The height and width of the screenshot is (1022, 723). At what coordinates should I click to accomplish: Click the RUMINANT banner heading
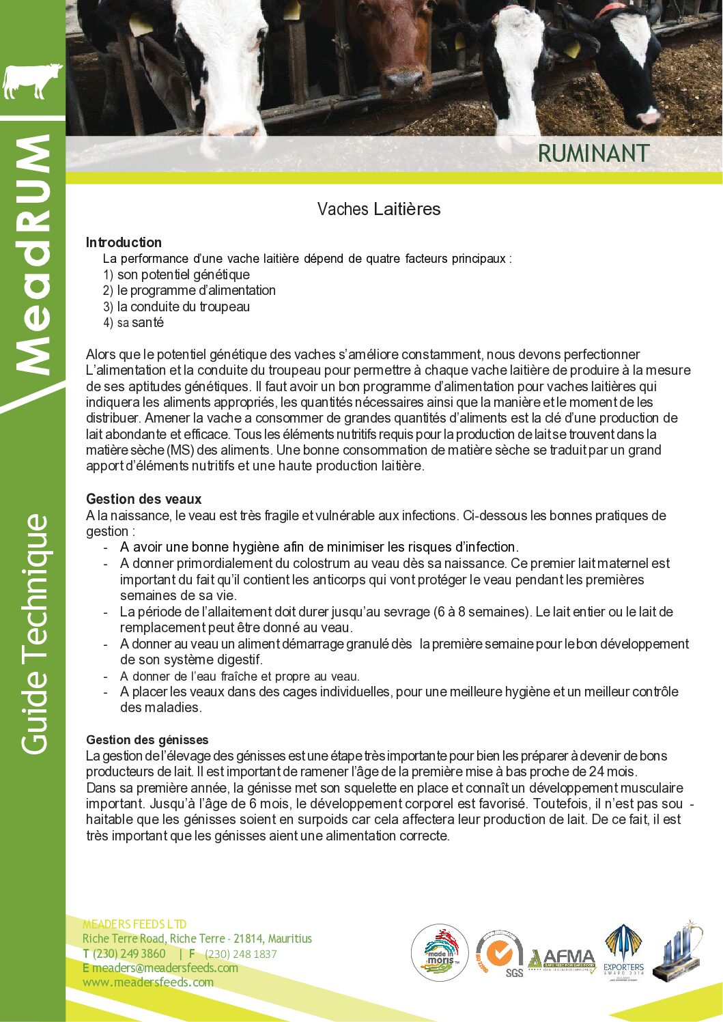pos(593,154)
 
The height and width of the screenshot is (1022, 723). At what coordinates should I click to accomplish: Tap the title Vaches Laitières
pos(379,209)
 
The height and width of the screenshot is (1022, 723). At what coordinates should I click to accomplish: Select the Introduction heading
pos(124,242)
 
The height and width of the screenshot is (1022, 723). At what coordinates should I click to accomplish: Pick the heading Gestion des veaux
pos(143,499)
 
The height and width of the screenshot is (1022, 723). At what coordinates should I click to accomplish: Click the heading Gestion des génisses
pos(147,740)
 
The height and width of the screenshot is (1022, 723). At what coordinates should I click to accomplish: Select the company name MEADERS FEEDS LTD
pos(134,924)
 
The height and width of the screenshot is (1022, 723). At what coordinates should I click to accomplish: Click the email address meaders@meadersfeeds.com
pos(165,968)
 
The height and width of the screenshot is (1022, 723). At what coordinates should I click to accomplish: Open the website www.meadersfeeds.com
pos(148,982)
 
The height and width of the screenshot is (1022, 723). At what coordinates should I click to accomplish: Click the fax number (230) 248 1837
pos(241,954)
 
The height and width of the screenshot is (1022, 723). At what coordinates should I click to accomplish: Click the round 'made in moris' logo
pos(440,952)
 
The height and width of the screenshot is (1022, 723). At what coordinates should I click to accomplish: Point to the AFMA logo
pos(562,959)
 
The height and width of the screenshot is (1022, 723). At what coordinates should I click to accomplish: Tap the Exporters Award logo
pos(623,952)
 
